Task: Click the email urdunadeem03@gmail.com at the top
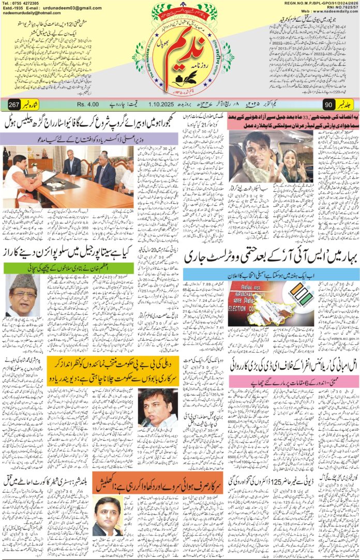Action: (x=72, y=9)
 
